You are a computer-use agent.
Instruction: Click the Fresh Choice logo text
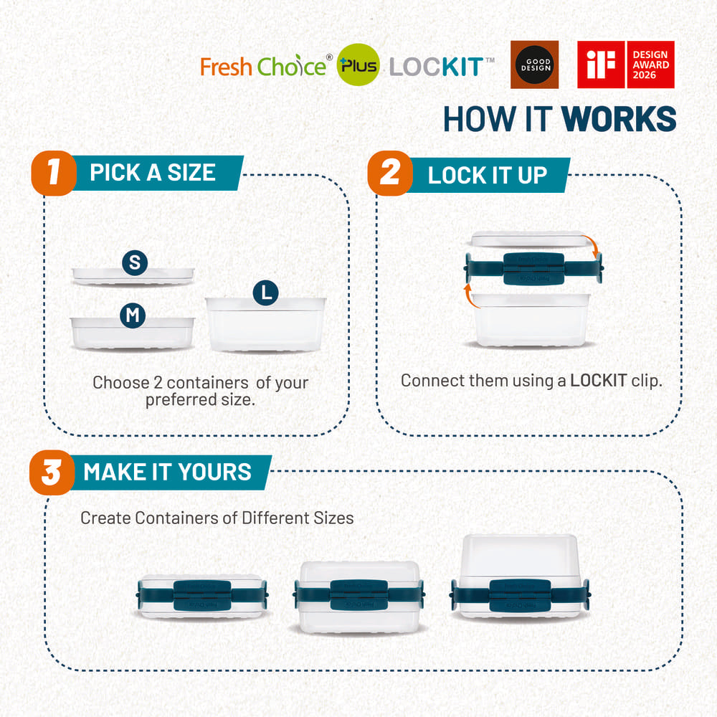pos(262,67)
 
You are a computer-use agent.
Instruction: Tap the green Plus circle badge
pos(359,67)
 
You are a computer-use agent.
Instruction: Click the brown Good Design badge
pos(534,65)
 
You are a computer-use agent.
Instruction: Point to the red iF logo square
pos(601,65)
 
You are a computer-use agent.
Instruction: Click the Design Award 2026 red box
pos(650,65)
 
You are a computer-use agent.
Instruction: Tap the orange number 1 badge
pos(53,173)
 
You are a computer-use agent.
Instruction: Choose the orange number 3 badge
pos(52,473)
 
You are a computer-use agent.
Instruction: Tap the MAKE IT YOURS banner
pos(168,473)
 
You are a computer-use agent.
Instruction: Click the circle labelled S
pos(134,263)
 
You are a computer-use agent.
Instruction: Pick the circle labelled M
pos(133,315)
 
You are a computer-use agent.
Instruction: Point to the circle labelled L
pos(266,292)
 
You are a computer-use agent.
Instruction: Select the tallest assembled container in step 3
pos(520,577)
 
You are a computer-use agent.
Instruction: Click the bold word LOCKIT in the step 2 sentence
pos(599,381)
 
